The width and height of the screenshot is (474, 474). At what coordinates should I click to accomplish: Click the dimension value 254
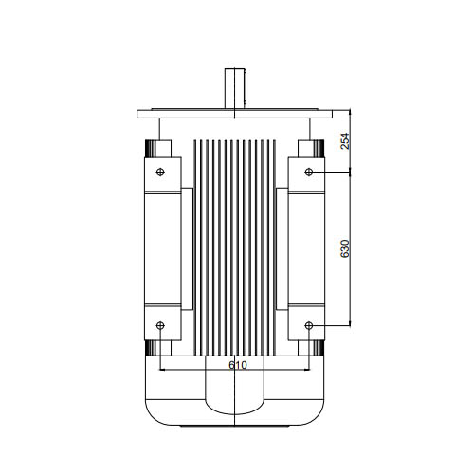point(345,141)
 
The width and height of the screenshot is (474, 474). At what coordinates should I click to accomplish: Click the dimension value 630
point(345,248)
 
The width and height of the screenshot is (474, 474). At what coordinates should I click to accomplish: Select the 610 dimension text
point(238,365)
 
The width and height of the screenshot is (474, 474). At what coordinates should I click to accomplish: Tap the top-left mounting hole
point(160,172)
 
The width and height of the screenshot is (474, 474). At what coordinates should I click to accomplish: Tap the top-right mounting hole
point(309,172)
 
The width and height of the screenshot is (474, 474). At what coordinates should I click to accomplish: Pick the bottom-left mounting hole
point(160,325)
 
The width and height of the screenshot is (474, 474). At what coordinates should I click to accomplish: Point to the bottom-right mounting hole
point(309,325)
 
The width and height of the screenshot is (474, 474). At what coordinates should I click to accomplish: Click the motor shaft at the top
point(234,89)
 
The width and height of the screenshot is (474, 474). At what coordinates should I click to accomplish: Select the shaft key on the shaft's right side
point(246,87)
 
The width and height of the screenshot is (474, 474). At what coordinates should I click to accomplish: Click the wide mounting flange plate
point(234,114)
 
